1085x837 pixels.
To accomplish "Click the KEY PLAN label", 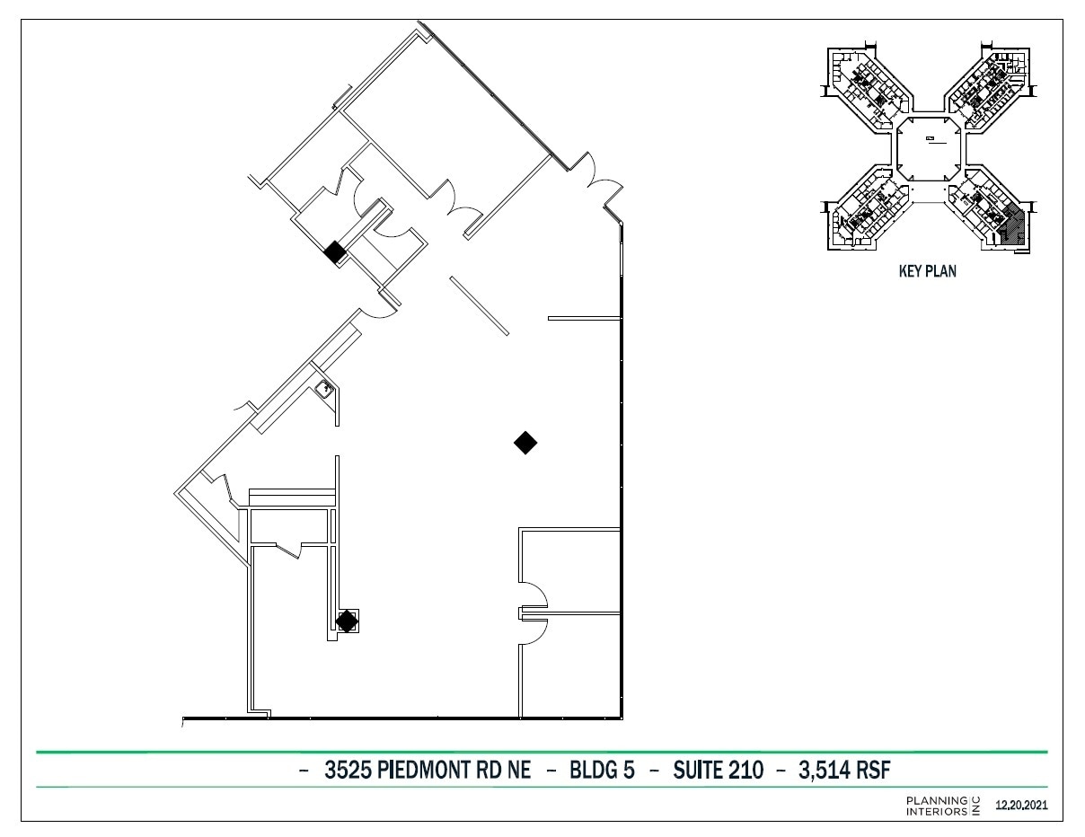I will coord(927,272).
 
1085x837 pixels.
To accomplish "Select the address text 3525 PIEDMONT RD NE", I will coord(428,771).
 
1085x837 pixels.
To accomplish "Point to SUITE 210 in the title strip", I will coord(718,771).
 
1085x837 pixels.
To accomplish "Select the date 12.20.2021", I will coord(1021,806).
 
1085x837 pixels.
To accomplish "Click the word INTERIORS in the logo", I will coord(936,811).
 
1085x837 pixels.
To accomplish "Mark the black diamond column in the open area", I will coord(525,442).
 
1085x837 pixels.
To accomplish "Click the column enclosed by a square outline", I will coord(347,621).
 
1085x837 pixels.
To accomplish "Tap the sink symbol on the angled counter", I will coord(324,389).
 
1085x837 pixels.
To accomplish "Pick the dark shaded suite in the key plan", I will coord(1011,225).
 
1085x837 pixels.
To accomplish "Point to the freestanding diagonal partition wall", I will coord(480,306).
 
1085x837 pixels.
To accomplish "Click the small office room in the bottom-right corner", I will coord(571,666).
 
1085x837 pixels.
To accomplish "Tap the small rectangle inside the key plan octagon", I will coord(931,139).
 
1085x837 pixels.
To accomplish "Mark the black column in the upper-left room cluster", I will coord(334,252).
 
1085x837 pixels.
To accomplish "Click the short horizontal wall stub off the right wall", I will coord(584,318).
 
